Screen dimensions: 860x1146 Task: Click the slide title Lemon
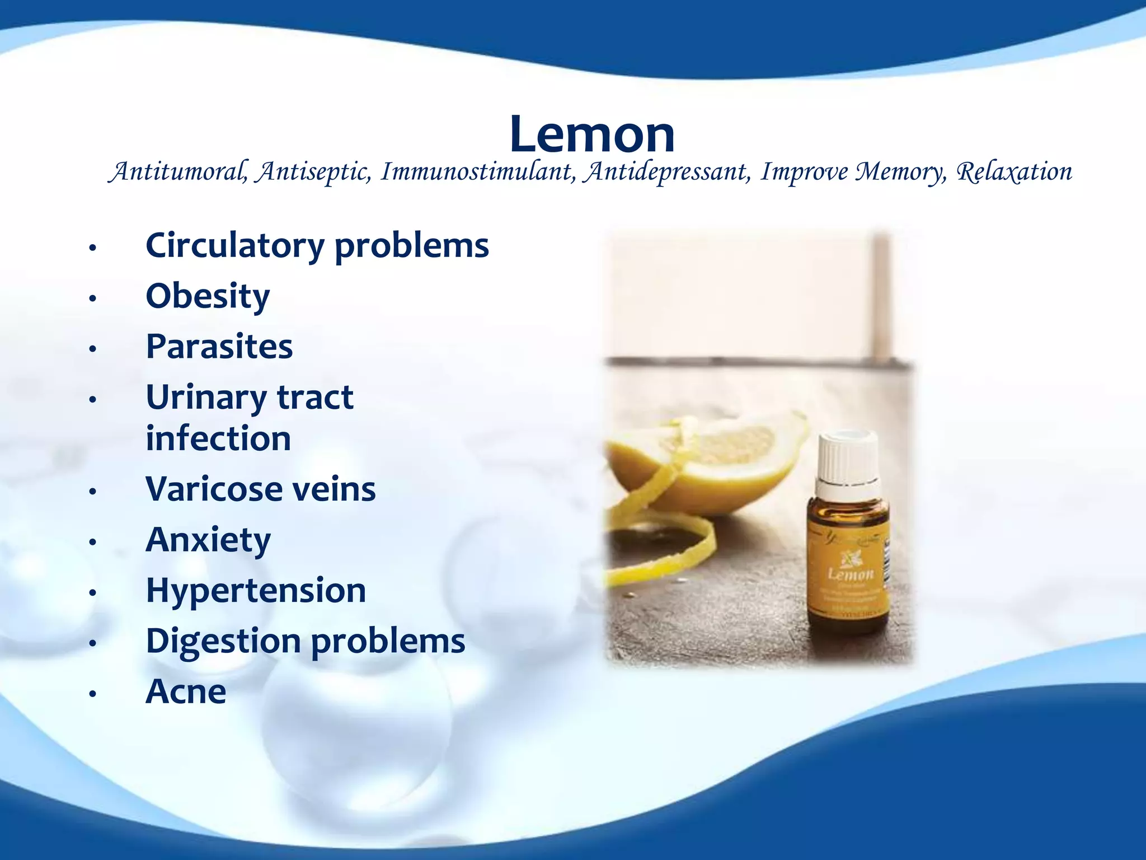tap(592, 134)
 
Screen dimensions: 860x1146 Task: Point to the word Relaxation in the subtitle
tap(1014, 171)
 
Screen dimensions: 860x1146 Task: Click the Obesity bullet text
tap(208, 296)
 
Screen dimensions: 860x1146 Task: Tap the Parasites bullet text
tap(219, 347)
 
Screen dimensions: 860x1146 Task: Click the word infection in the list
tap(218, 438)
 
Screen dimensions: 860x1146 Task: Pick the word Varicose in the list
tap(214, 489)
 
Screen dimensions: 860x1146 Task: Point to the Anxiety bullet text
tap(208, 540)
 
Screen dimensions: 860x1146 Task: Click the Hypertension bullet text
tap(256, 591)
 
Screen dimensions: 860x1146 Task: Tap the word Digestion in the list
tap(223, 642)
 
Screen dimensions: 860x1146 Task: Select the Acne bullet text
tap(186, 692)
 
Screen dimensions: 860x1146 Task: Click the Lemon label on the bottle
tap(850, 574)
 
